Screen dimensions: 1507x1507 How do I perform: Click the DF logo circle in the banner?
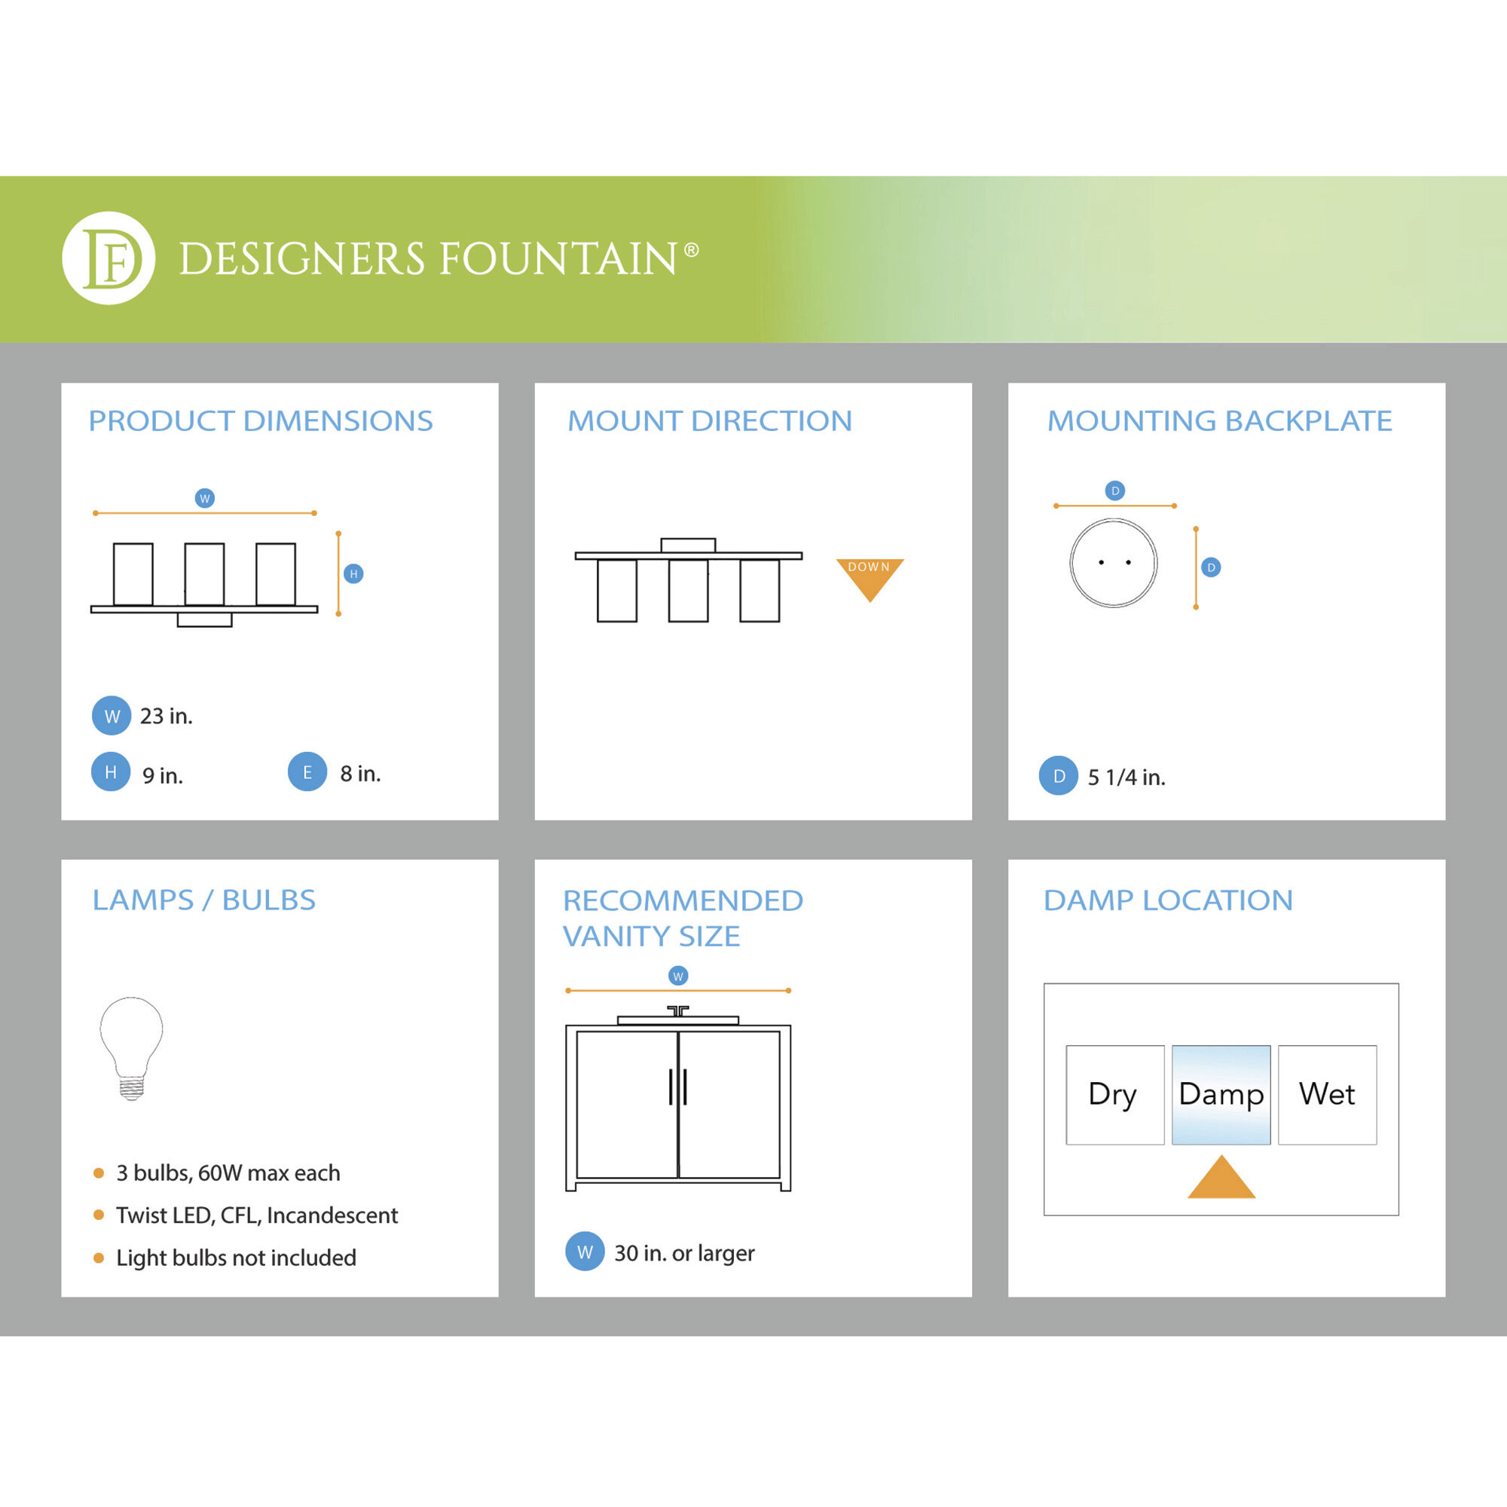109,258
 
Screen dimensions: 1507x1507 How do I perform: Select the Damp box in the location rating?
1221,1094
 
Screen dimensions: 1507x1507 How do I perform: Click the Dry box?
1114,1094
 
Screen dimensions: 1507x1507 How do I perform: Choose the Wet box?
1327,1094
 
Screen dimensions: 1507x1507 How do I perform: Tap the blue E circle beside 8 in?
307,772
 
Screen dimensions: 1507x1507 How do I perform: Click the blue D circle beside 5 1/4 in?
1059,776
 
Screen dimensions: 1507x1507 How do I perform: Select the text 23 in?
166,716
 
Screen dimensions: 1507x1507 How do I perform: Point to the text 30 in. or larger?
684,1253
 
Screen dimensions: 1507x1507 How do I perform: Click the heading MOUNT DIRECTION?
709,421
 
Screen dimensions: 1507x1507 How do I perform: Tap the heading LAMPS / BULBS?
203,900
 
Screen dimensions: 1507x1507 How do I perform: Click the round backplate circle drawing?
1113,562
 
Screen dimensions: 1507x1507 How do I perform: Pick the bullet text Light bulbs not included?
236,1258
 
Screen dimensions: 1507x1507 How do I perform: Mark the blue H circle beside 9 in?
111,772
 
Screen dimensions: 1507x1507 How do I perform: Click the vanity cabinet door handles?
678,1087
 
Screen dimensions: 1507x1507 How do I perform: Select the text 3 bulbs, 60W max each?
228,1173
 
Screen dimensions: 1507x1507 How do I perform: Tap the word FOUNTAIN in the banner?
558,259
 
